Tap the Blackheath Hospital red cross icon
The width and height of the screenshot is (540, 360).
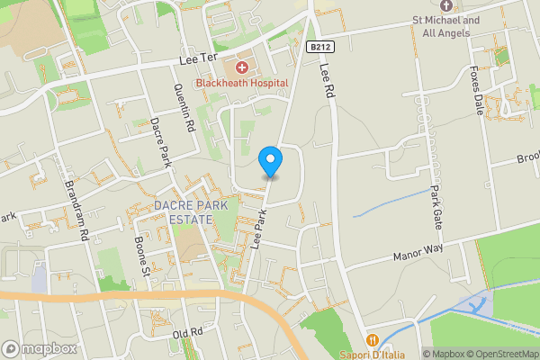[241, 68]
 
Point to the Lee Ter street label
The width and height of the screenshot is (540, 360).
[199, 60]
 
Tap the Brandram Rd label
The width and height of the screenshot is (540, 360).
[76, 216]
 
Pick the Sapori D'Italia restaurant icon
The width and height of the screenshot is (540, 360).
[371, 340]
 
